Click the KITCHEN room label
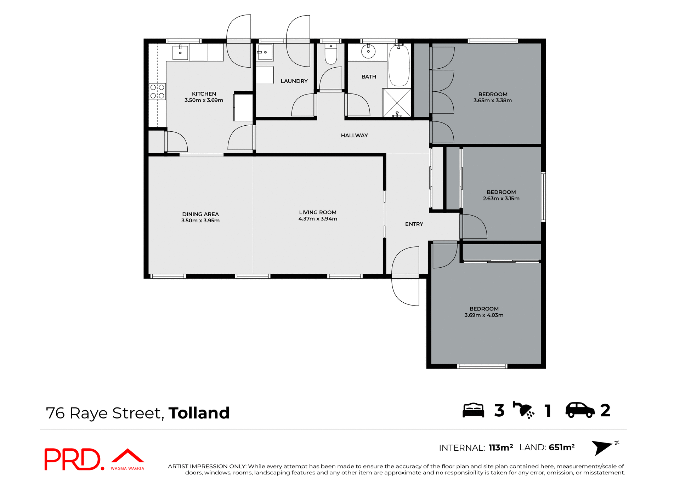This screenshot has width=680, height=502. click(204, 94)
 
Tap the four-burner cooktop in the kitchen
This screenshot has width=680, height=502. click(157, 91)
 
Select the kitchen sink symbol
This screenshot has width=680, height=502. click(180, 52)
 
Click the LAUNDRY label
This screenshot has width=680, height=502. click(294, 81)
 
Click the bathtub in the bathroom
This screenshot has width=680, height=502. click(399, 66)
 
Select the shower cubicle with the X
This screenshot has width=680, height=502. click(397, 103)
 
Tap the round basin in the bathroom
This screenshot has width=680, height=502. click(368, 52)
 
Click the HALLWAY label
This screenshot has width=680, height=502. click(354, 136)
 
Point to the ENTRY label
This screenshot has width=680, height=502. click(414, 224)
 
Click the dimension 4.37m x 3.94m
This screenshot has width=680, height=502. click(318, 219)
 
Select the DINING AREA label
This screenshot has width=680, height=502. click(200, 214)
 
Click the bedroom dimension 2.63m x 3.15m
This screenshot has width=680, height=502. click(501, 199)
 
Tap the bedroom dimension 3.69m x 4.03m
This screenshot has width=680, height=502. click(484, 315)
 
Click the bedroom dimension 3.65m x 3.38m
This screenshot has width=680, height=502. click(493, 101)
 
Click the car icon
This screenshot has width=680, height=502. click(580, 410)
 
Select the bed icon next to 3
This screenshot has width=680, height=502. click(473, 410)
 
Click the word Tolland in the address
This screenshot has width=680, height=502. click(199, 413)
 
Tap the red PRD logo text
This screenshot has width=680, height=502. click(73, 459)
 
